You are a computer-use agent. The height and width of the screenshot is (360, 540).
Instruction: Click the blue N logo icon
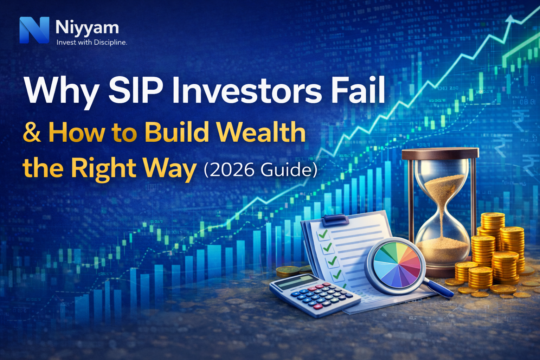[x=34, y=30]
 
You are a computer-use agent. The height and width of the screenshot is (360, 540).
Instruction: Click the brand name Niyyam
[x=87, y=27]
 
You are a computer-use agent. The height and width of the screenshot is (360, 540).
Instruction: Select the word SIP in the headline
[x=135, y=90]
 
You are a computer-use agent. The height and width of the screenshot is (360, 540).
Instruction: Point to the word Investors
[x=246, y=90]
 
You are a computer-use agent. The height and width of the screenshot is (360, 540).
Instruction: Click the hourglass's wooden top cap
[x=440, y=153]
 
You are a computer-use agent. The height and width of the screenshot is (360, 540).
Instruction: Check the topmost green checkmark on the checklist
[x=322, y=234]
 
